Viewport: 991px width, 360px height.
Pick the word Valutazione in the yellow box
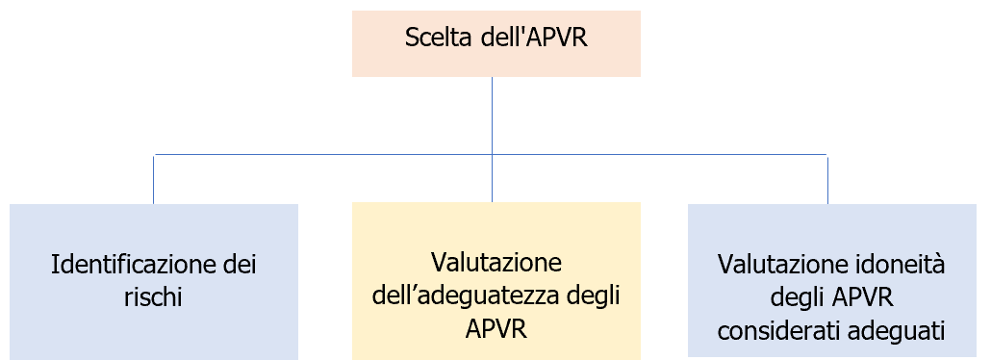495,262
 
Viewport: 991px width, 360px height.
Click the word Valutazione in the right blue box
779,262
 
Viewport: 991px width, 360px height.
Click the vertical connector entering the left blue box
154,179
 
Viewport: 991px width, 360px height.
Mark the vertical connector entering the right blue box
827,179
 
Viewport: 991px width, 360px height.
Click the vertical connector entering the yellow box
493,179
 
